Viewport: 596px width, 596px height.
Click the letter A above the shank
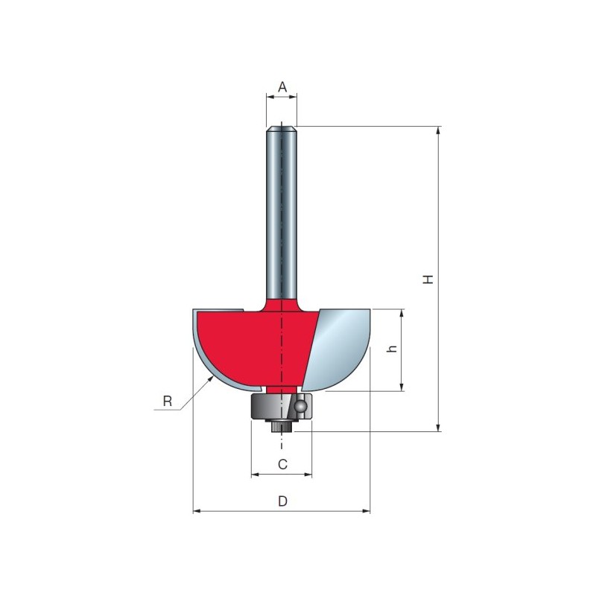point(282,87)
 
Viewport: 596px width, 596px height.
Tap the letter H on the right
point(428,279)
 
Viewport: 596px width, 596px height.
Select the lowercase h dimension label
point(392,348)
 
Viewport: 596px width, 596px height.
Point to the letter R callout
point(167,401)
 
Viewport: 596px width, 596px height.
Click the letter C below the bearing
point(282,464)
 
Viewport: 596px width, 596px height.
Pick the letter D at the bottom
point(282,501)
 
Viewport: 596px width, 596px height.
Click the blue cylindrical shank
point(282,213)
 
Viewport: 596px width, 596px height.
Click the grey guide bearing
point(282,407)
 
